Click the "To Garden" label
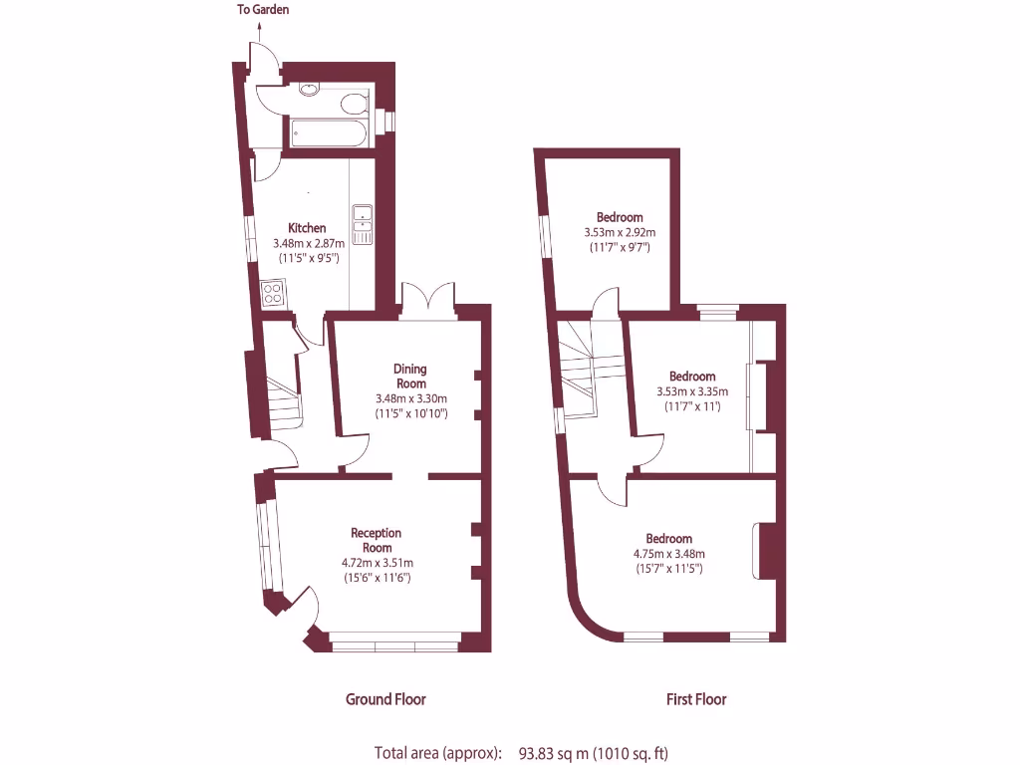pyautogui.click(x=263, y=10)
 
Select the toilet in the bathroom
pyautogui.click(x=353, y=102)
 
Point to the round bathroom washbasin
pyautogui.click(x=310, y=91)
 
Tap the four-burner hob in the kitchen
pyautogui.click(x=273, y=293)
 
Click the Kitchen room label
pyautogui.click(x=307, y=228)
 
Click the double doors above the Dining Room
pyautogui.click(x=428, y=299)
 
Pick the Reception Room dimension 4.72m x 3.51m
pyautogui.click(x=377, y=563)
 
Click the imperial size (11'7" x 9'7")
pyautogui.click(x=619, y=247)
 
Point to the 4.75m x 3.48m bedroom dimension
pyautogui.click(x=668, y=554)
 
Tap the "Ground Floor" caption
pyautogui.click(x=385, y=699)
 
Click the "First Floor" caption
pyautogui.click(x=696, y=699)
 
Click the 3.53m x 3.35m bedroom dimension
pyautogui.click(x=691, y=391)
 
